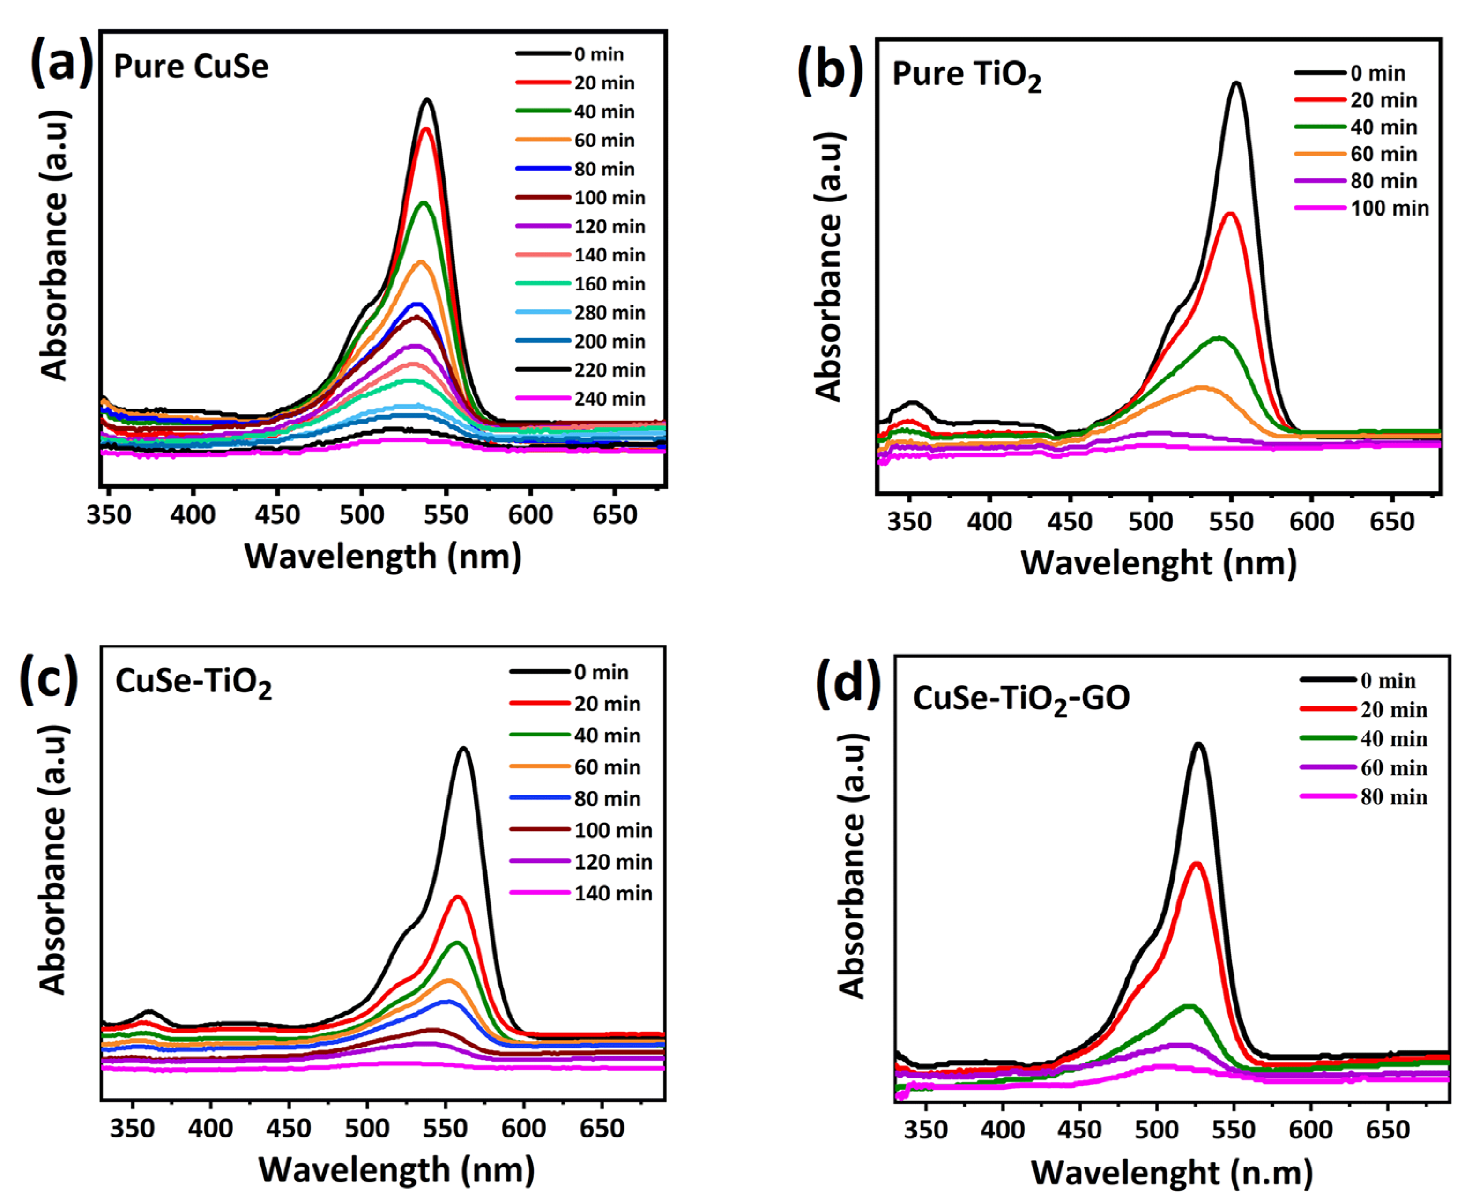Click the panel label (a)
(61, 64)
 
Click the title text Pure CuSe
(191, 67)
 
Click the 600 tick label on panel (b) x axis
(1311, 521)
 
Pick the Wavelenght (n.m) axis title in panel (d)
(1172, 1173)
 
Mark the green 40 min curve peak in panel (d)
(1189, 1006)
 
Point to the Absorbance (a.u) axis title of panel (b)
(829, 267)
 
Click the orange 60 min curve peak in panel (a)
(420, 261)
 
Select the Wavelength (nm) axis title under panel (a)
(383, 556)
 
